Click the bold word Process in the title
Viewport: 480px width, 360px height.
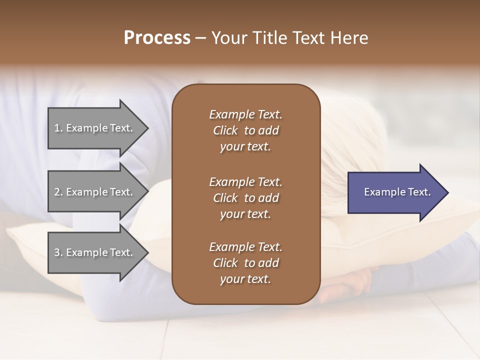[157, 38]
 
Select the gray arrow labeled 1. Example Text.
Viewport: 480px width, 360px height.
[95, 128]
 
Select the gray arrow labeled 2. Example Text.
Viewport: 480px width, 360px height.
[95, 192]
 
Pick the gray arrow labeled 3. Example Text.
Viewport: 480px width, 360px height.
[95, 252]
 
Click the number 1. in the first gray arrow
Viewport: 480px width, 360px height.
[58, 128]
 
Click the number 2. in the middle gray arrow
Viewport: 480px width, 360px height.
[58, 192]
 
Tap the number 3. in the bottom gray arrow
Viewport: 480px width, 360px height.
[58, 252]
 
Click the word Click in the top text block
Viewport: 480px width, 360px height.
[225, 131]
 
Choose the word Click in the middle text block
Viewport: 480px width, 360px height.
[225, 198]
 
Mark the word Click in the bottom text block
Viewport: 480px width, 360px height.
[225, 263]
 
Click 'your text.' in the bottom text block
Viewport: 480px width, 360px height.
[245, 279]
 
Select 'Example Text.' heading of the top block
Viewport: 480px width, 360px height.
[245, 114]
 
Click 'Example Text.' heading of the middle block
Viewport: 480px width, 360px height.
[245, 181]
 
